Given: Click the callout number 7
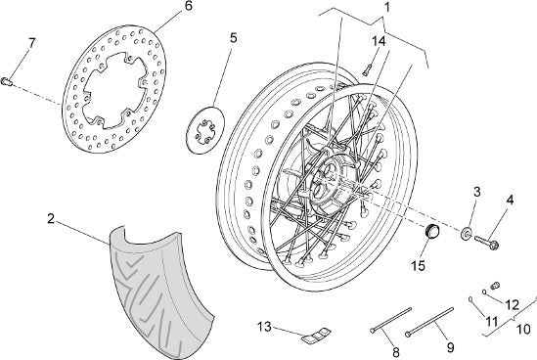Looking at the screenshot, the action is tap(31, 43).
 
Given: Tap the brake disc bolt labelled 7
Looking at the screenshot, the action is tap(6, 81).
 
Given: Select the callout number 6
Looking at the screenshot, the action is tap(189, 7).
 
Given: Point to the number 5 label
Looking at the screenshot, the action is tap(233, 38).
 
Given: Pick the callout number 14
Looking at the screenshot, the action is tap(379, 41).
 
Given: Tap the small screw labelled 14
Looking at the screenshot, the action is tap(367, 70).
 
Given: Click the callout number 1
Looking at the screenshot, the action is tap(387, 7).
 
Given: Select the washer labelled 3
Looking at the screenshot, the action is tap(467, 233).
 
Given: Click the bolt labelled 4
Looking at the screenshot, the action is tap(486, 243).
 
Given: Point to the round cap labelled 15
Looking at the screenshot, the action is tap(432, 231).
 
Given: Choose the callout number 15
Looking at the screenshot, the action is tap(419, 265).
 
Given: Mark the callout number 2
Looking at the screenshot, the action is tap(51, 219).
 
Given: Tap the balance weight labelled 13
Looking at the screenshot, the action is tap(316, 335).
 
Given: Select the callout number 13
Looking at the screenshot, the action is tap(265, 327).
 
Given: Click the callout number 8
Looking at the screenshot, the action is tap(395, 352).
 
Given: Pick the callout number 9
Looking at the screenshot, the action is tap(451, 347).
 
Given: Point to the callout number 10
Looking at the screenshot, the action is tap(523, 330).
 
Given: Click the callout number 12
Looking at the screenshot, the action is tap(512, 304).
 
